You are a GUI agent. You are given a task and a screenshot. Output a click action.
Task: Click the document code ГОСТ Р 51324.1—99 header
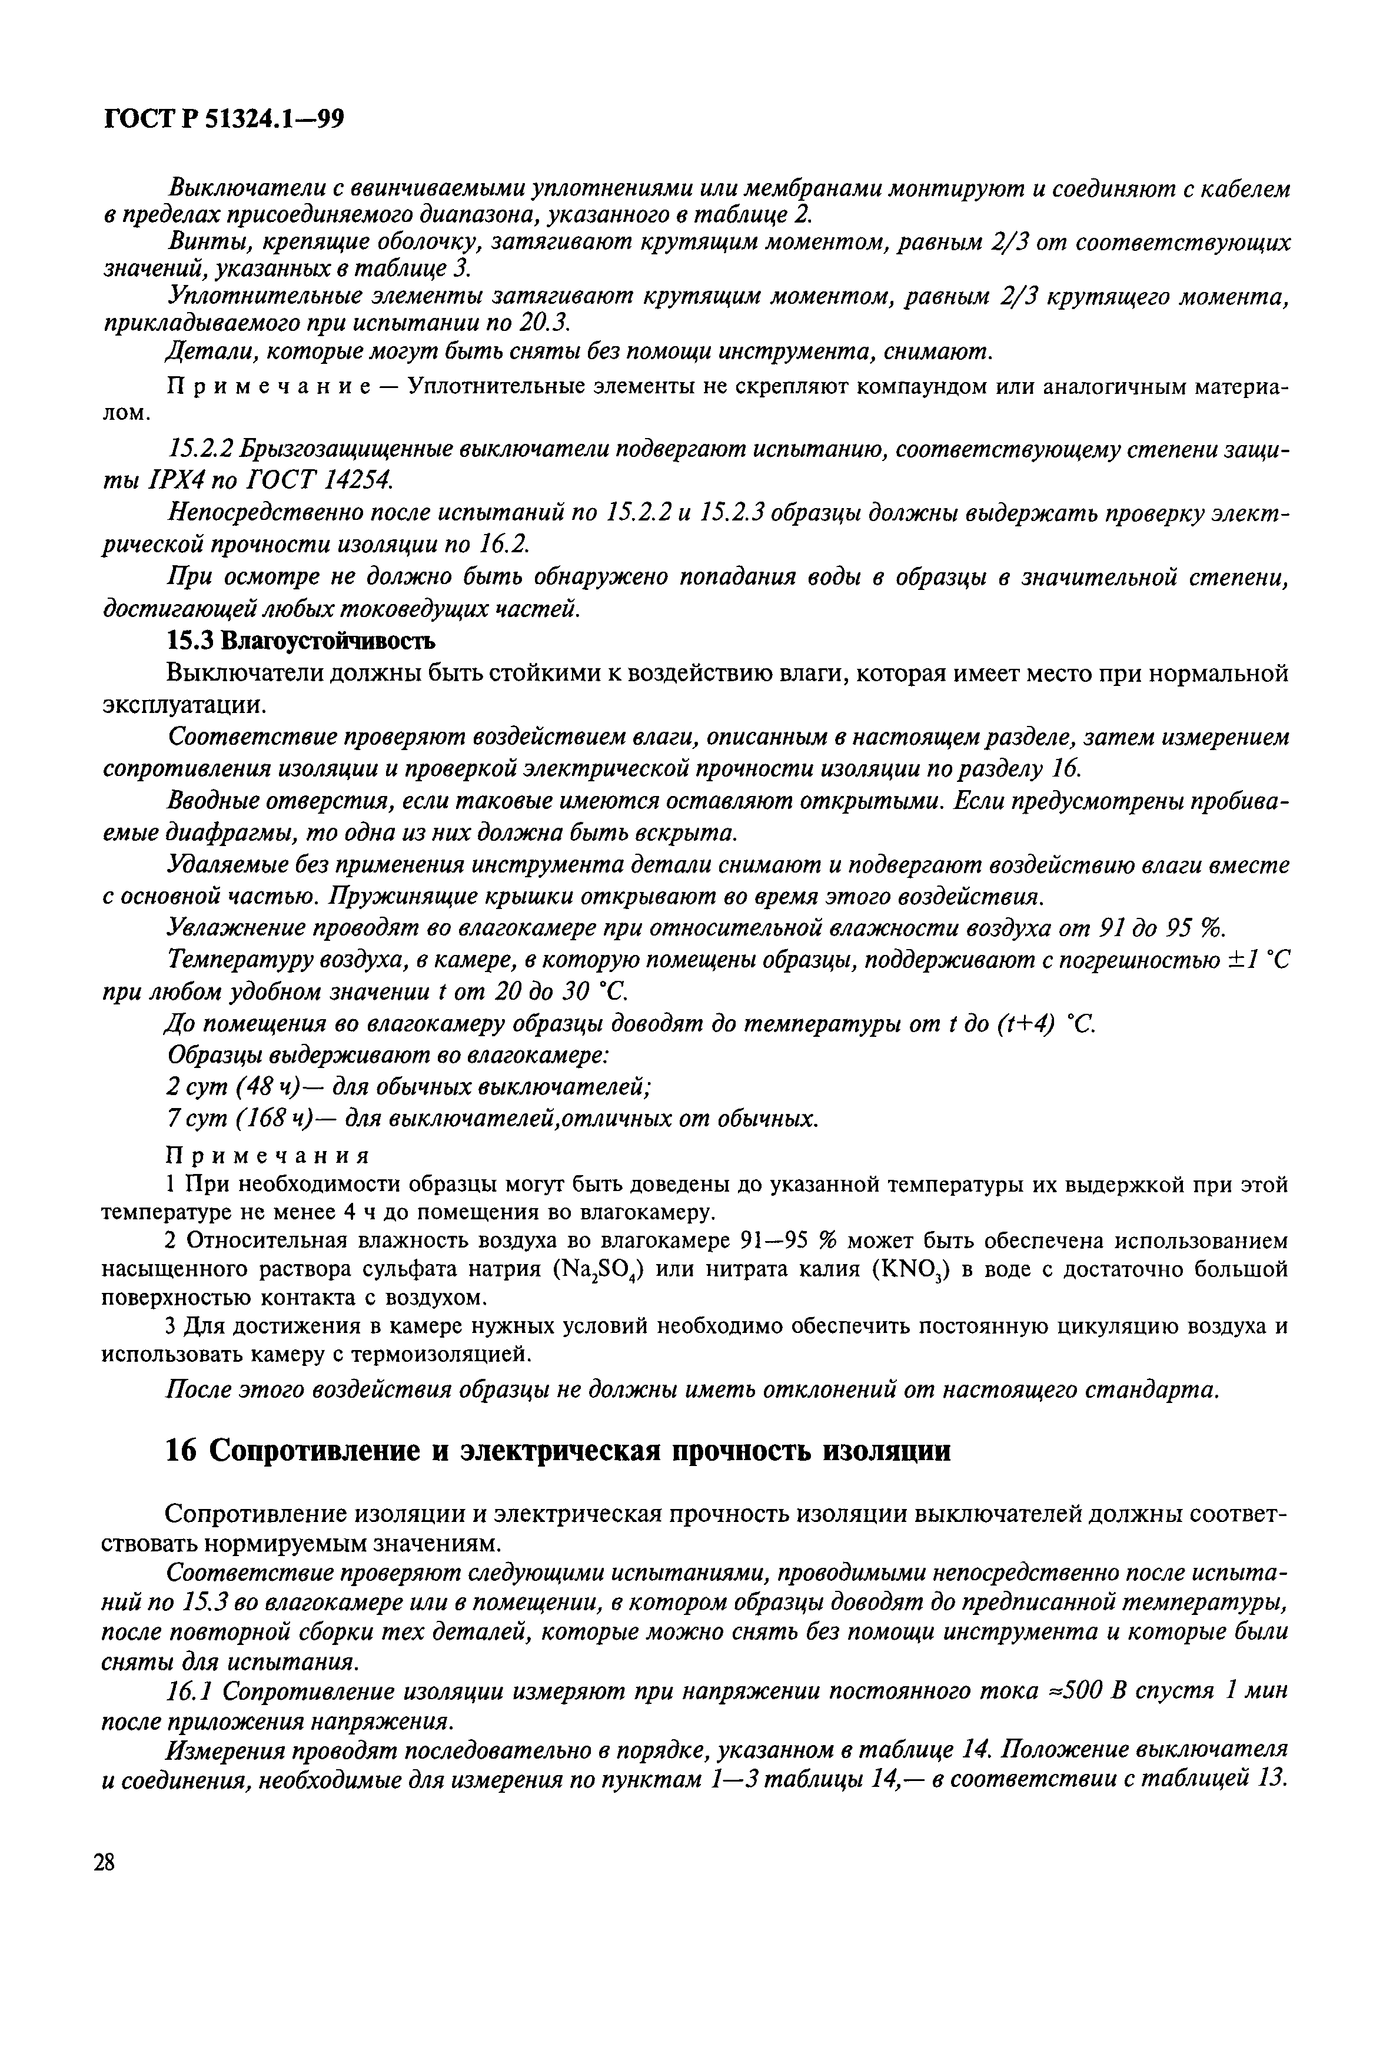223,118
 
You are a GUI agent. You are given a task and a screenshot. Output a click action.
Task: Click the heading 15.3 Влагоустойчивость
300,641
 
